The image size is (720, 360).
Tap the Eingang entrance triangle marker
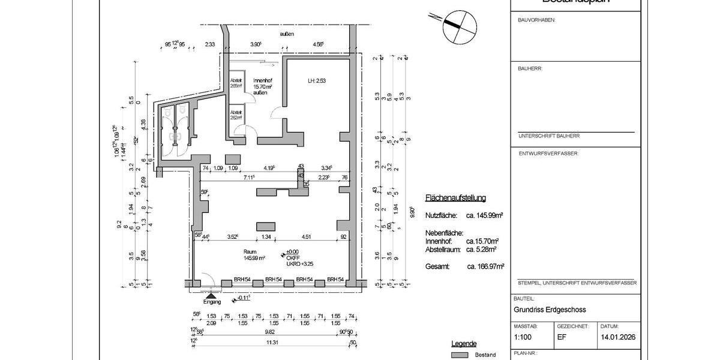[211, 295]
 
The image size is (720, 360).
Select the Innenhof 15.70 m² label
[262, 86]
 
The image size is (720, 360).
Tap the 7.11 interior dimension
[249, 178]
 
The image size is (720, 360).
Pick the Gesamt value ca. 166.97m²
[485, 266]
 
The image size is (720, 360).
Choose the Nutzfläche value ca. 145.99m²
[484, 215]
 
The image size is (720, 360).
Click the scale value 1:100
[524, 337]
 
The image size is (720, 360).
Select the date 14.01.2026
[617, 337]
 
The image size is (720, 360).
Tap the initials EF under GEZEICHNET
[562, 337]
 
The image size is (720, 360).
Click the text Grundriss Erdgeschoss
[550, 310]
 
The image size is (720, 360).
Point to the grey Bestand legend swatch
[460, 355]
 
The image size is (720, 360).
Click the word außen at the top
[287, 34]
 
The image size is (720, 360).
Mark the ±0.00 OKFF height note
[293, 252]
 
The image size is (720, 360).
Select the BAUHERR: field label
[530, 68]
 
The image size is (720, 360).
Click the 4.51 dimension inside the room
[306, 236]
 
